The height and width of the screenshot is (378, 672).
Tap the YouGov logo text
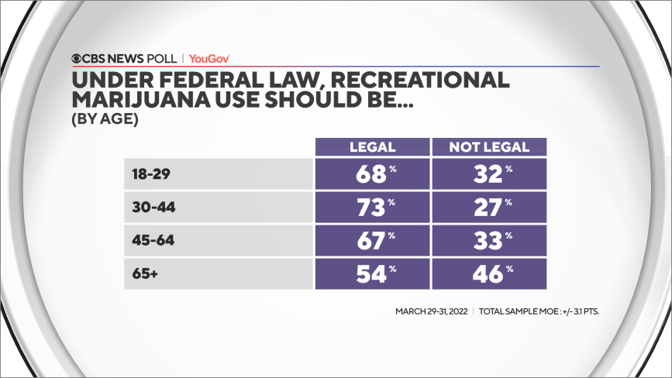[208, 58]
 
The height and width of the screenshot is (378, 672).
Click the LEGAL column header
[372, 147]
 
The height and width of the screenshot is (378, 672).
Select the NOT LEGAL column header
[489, 147]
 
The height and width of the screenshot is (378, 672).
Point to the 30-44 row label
[150, 208]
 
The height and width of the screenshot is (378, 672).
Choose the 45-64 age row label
[150, 241]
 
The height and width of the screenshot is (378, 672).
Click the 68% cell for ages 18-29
[372, 174]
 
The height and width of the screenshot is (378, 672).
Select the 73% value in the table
[372, 208]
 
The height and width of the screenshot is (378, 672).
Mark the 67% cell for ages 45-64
[372, 241]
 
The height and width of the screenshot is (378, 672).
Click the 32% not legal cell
[489, 174]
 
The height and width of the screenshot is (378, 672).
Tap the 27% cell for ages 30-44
[489, 208]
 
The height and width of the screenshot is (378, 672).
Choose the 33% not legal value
[489, 241]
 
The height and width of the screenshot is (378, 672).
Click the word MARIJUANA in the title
[147, 101]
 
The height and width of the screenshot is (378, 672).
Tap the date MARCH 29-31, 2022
[430, 311]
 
